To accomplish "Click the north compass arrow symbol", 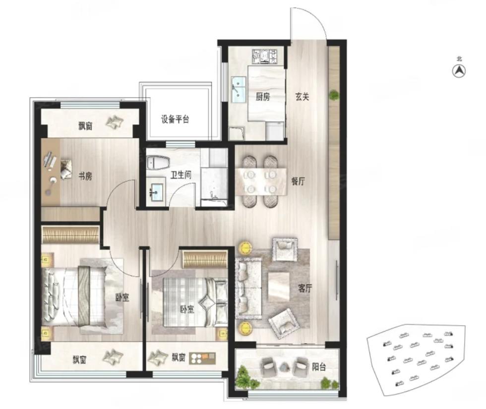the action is click(x=459, y=71).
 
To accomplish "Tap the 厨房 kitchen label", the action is click(x=262, y=97).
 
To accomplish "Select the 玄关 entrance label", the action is click(x=302, y=97).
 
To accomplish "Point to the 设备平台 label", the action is click(x=175, y=119).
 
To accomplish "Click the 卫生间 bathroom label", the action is click(x=181, y=175).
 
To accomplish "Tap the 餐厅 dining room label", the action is click(x=298, y=181).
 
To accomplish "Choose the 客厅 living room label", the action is click(x=304, y=288).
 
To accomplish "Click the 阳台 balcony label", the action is click(x=319, y=367).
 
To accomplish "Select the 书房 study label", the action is click(x=85, y=176).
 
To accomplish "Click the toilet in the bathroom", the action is click(x=158, y=162).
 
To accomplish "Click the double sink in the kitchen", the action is click(x=239, y=89).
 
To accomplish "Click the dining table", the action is click(x=261, y=181).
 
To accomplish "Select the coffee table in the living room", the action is click(x=279, y=287).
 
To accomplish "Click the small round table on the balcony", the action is click(x=284, y=367).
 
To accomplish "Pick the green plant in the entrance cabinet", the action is click(x=333, y=95).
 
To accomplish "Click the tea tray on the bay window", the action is click(x=202, y=358).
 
